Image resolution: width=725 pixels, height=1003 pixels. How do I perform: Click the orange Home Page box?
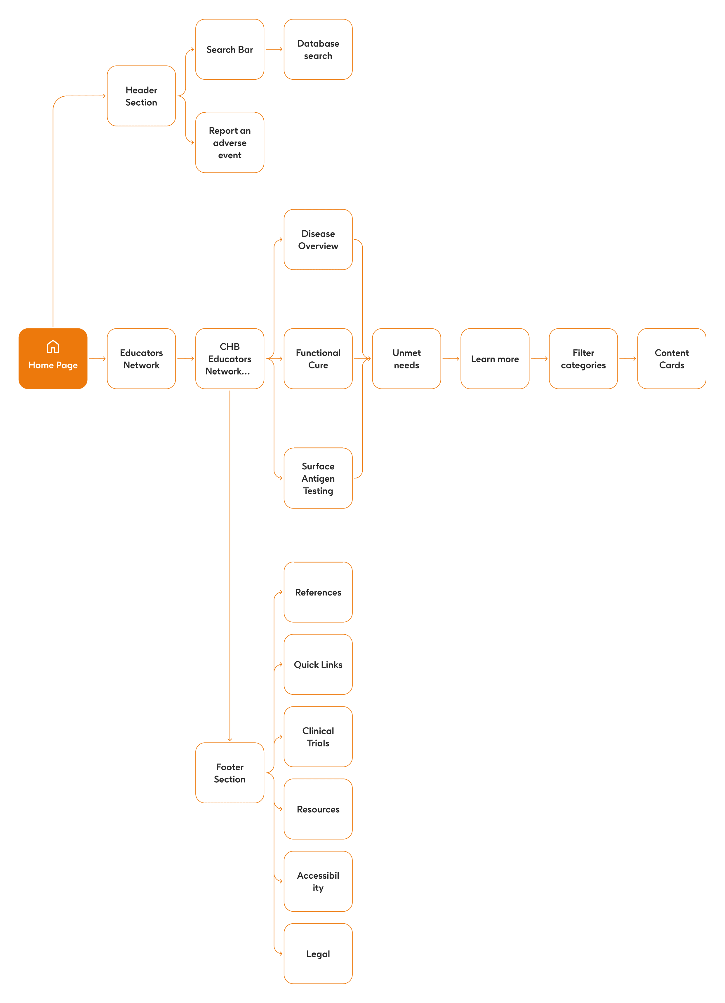pos(53,359)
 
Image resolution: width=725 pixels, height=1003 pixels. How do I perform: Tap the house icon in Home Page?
pos(53,347)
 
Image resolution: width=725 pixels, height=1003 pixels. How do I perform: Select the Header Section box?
pos(142,96)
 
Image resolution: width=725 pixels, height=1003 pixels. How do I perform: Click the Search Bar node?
pos(230,50)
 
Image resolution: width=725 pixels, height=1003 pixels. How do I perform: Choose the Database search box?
pos(319,50)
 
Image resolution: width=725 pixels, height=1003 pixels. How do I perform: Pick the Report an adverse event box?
pos(230,142)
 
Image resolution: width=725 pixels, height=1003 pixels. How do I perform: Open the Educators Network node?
pos(142,359)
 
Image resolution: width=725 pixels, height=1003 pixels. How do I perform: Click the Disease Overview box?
pos(319,240)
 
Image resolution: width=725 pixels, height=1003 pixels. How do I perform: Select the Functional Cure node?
pos(319,359)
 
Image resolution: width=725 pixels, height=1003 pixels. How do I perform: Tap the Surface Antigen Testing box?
pos(319,478)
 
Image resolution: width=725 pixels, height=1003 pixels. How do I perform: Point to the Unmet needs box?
pos(407,359)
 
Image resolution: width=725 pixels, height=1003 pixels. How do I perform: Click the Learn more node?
pos(495,359)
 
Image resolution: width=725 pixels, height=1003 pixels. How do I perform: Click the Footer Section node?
pos(230,773)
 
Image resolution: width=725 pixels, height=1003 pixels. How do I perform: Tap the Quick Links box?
pos(319,665)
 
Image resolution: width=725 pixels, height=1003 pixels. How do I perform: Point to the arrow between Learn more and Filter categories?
pos(540,359)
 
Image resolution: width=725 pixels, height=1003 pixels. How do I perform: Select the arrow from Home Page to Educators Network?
pos(97,359)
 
